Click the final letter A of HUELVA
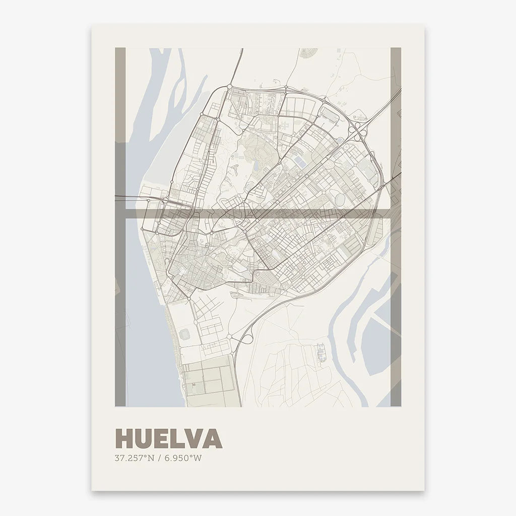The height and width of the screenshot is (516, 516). click(213, 439)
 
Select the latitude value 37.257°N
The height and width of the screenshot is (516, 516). click(134, 459)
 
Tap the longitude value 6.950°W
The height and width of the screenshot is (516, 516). click(179, 459)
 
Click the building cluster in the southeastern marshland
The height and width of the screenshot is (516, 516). click(321, 352)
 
